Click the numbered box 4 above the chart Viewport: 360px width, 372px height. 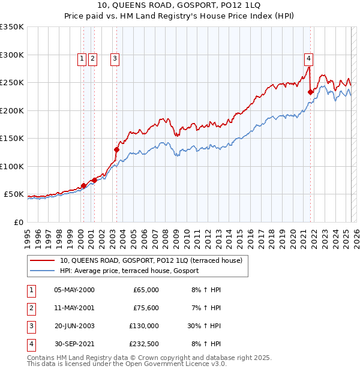pyautogui.click(x=308, y=58)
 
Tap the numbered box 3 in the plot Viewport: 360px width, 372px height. pyautogui.click(x=114, y=58)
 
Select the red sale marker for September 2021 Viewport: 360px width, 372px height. pyautogui.click(x=311, y=92)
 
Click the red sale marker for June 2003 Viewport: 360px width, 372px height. pyautogui.click(x=116, y=149)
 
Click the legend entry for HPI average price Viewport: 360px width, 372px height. pyautogui.click(x=129, y=271)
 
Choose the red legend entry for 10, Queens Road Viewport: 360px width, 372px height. pyautogui.click(x=151, y=260)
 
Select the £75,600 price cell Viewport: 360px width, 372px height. pyautogui.click(x=146, y=308)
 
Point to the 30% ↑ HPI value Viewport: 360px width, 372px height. pyautogui.click(x=205, y=326)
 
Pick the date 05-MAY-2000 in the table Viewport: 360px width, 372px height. pyautogui.click(x=74, y=290)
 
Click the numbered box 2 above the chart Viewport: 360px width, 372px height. pyautogui.click(x=92, y=58)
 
